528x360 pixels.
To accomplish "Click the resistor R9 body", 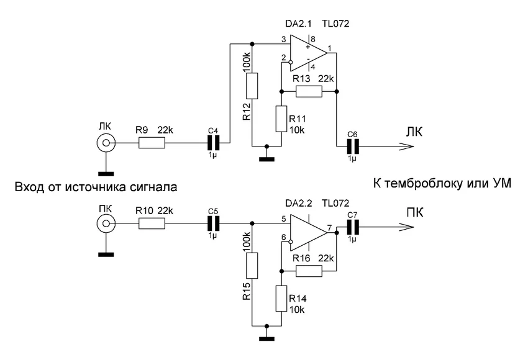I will pos(151,144).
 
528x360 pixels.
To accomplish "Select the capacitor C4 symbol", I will pos(213,144).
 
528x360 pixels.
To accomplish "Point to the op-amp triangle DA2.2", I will pos(307,231).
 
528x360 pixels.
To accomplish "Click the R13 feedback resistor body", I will pos(309,92).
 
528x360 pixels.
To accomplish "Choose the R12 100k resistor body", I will pos(252,86).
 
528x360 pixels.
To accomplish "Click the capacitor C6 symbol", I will pos(352,146).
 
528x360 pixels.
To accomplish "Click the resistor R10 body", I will pos(151,223).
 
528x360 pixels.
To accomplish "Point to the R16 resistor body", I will pos(309,271).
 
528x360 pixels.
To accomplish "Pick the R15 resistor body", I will pos(252,265).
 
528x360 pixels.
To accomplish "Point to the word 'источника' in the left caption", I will pos(89,187).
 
